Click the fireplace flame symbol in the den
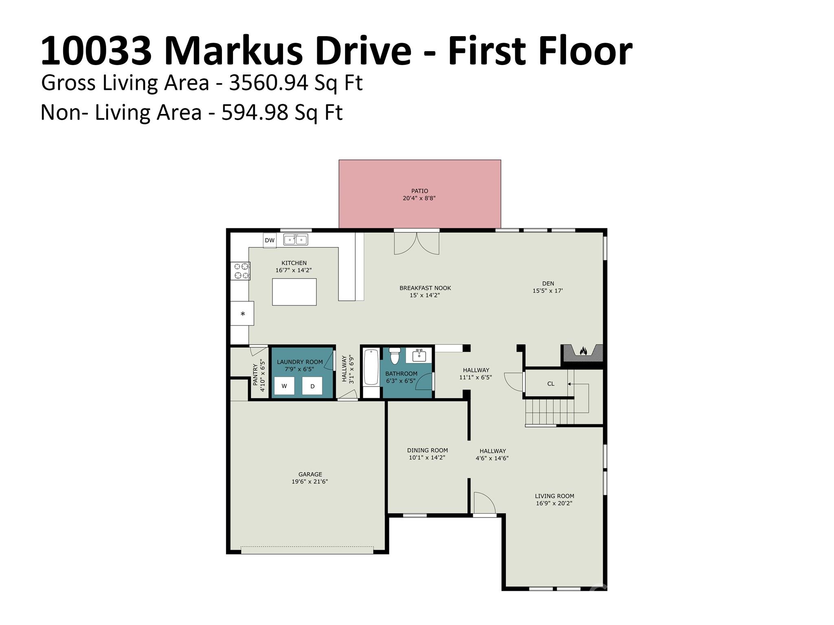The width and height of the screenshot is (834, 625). (583, 351)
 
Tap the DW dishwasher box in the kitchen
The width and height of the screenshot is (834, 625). (270, 240)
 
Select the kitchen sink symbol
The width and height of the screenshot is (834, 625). (296, 239)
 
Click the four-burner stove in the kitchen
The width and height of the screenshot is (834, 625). (240, 271)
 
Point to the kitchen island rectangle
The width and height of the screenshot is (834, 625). (294, 292)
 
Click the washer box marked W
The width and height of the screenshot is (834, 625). (284, 386)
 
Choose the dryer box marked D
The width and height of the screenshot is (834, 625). (312, 386)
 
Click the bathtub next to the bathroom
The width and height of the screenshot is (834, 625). (371, 367)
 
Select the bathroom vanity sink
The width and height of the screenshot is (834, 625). (419, 355)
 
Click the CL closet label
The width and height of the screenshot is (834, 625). (551, 384)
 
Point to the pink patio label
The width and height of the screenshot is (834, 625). (419, 191)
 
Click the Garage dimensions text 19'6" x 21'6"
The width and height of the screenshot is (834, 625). (310, 482)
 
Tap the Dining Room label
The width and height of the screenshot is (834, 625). (428, 450)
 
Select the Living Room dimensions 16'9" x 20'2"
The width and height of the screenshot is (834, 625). (554, 503)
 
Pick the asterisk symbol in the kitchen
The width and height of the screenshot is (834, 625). (243, 314)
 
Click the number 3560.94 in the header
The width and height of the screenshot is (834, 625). (268, 83)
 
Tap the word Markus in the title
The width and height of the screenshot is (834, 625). (234, 51)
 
